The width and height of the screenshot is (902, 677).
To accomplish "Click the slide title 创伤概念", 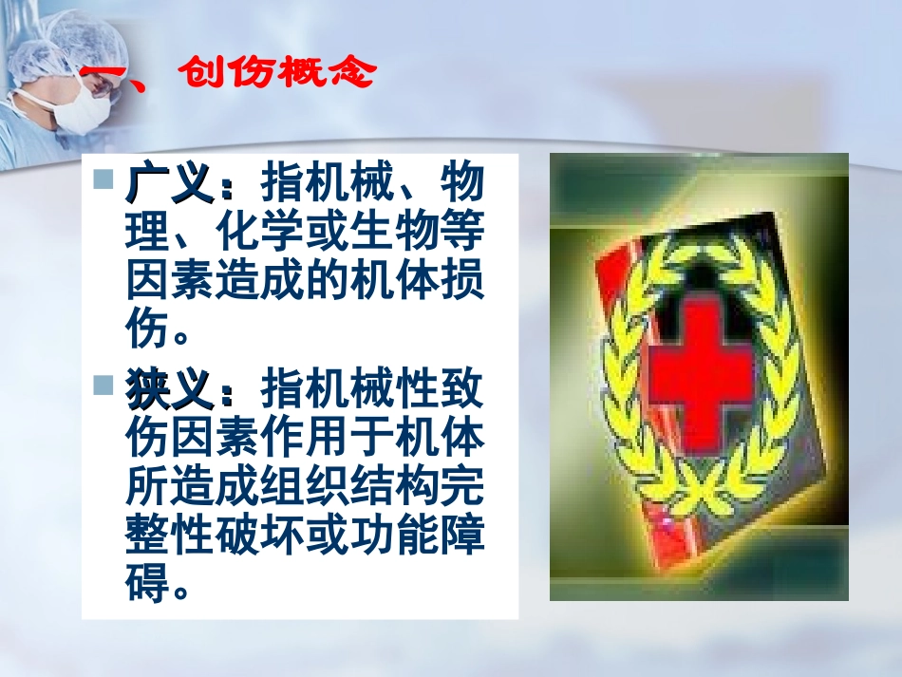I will (x=275, y=73).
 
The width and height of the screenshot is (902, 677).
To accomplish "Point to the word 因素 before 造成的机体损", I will (x=168, y=283).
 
